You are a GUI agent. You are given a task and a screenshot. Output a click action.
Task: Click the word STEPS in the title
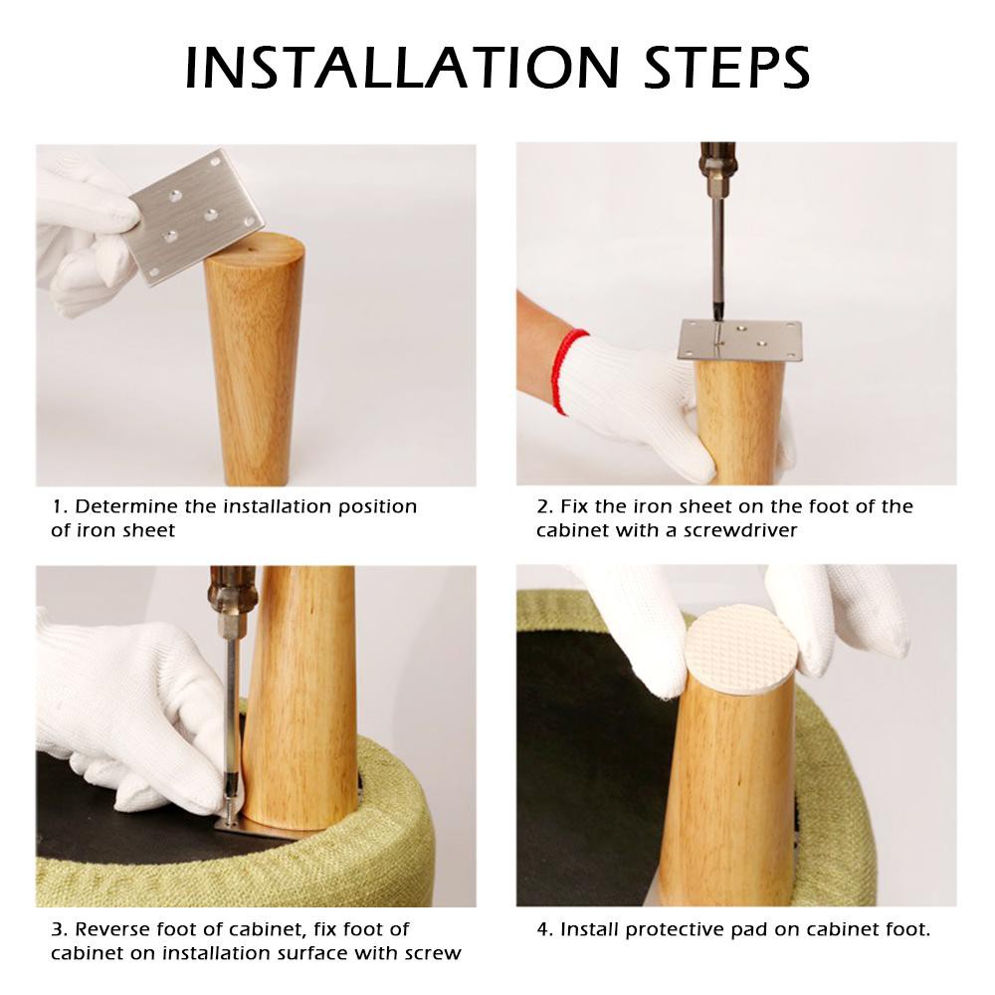(x=727, y=68)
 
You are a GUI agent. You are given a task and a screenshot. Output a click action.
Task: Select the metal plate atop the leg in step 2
(x=740, y=340)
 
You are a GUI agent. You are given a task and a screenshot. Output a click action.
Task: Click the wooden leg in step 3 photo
(x=298, y=698)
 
